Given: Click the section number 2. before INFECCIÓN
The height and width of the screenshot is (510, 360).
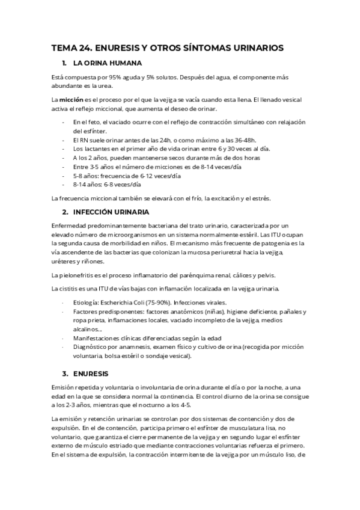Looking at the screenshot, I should click(65, 212).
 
